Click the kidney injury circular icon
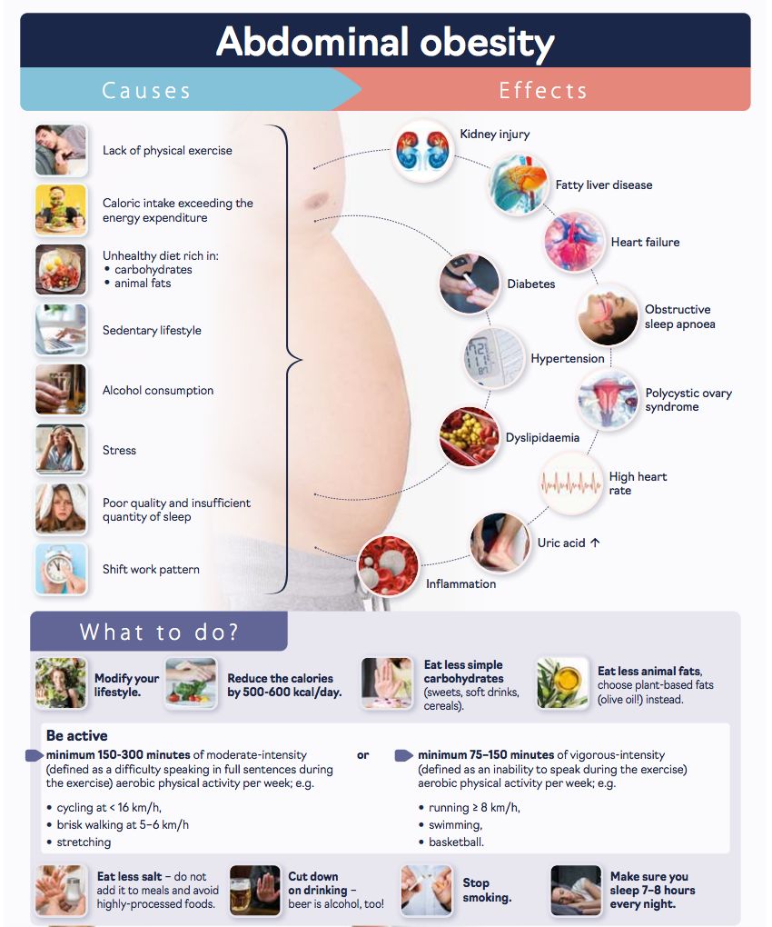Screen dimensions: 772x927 [421, 151]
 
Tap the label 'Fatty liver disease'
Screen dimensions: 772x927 [604, 185]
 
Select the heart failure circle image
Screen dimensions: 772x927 [573, 241]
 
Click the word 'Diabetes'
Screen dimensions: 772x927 [531, 284]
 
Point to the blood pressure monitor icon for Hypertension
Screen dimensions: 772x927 [493, 358]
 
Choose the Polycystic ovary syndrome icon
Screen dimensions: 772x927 [608, 400]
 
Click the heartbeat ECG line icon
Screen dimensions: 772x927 [570, 483]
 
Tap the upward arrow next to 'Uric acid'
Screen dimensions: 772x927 [595, 543]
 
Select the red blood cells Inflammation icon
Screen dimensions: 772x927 [388, 566]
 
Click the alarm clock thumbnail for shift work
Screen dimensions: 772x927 [61, 569]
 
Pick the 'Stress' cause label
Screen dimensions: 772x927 [119, 451]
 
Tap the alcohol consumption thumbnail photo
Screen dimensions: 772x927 [61, 389]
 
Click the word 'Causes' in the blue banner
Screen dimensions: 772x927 [146, 91]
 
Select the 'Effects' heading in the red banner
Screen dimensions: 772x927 [543, 91]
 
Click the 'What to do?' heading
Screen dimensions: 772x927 [159, 632]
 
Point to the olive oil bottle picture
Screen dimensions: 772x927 [562, 683]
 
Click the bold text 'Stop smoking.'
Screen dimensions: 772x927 [487, 890]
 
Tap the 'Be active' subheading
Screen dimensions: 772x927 [77, 735]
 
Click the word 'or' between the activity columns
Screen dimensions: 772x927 [362, 755]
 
